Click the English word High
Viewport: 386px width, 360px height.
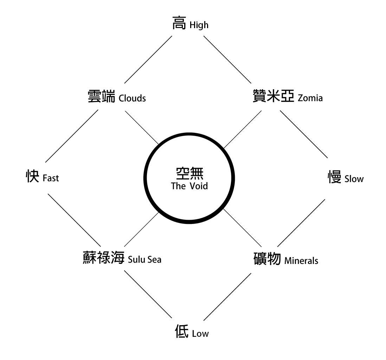pos(199,25)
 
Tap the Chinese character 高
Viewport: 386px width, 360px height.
pos(179,22)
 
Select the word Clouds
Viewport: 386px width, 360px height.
pos(132,98)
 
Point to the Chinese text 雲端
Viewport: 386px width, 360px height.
pos(102,96)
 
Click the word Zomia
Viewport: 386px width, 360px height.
pos(310,98)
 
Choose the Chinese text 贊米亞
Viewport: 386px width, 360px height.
pos(274,96)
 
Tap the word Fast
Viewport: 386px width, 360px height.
pos(51,178)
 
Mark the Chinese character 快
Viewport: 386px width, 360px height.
pos(32,176)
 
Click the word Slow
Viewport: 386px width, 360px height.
pos(354,179)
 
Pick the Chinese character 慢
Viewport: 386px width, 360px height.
pos(335,177)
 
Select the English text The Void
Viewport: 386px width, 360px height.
pos(189,186)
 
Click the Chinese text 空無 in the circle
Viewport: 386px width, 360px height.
pos(189,173)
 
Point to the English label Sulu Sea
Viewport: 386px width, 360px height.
pos(145,259)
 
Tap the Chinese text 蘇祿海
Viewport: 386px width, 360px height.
pos(103,257)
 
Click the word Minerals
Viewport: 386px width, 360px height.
pos(301,261)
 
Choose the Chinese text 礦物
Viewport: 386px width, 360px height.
pos(267,258)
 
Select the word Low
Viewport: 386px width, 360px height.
pos(200,334)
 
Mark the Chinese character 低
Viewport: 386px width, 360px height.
pos(182,331)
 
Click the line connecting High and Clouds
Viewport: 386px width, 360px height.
pos(148,59)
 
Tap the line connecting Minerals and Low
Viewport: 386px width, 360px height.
pos(227,297)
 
